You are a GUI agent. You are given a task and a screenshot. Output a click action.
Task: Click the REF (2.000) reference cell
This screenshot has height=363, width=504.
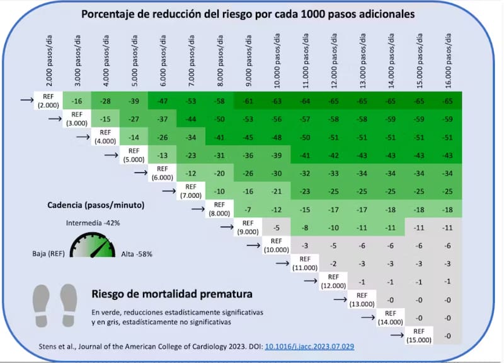coord(49,100)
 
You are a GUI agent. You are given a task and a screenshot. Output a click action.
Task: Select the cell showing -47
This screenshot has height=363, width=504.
coord(162,100)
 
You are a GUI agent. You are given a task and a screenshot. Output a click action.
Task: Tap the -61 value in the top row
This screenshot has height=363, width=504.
coord(248,100)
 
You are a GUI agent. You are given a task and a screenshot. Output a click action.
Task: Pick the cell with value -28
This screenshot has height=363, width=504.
coord(105,100)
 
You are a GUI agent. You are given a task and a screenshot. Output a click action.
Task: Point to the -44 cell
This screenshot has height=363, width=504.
coord(190,119)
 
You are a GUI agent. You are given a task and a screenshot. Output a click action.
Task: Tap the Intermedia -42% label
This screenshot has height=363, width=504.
coord(94,223)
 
